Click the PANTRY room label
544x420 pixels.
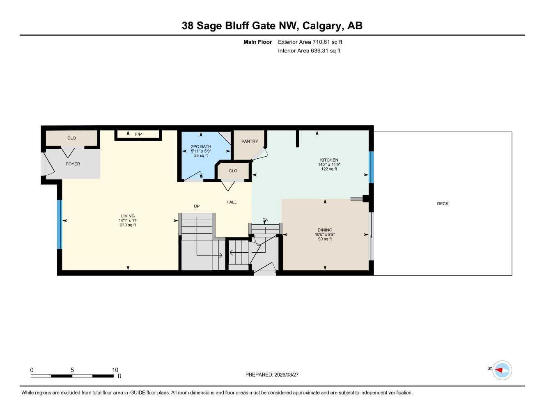250,142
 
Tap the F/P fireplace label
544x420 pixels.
138,135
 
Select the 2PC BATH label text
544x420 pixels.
201,146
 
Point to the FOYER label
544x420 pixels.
73,164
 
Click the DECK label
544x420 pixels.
443,204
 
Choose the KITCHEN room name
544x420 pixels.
329,160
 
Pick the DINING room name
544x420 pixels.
325,230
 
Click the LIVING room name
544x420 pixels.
128,216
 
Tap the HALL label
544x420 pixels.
232,202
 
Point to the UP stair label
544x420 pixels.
197,206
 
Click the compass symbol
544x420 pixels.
502,370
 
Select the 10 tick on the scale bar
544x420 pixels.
115,370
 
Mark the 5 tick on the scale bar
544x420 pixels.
72,370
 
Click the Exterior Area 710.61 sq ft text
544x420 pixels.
310,42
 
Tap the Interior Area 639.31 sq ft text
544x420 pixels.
309,51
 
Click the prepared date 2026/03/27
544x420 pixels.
287,375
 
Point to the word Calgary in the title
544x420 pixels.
323,26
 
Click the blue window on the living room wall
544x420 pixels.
60,224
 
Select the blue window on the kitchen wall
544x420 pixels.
371,167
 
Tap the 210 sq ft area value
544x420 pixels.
128,225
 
